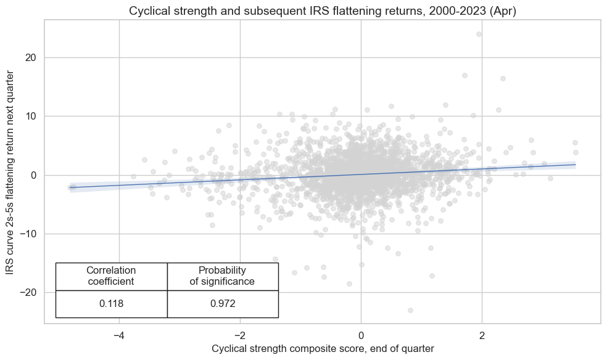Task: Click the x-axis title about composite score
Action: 323,349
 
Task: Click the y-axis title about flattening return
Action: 11,172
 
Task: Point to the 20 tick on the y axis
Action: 31,58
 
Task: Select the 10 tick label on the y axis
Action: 31,117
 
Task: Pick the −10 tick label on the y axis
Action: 29,234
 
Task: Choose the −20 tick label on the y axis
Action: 29,292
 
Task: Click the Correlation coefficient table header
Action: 111,276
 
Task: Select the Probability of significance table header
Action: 222,276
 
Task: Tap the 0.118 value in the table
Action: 111,304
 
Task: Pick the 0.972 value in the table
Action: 222,304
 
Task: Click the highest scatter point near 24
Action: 479,34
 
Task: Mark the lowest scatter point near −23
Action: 410,310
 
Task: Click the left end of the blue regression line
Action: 70,187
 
